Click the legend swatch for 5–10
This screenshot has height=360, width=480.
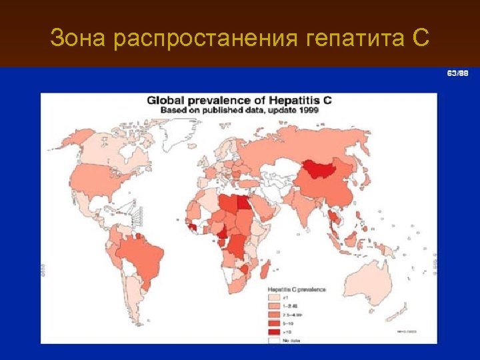coord(273,322)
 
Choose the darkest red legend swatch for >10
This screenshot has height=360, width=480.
coord(273,331)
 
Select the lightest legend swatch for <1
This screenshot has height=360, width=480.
coord(273,297)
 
